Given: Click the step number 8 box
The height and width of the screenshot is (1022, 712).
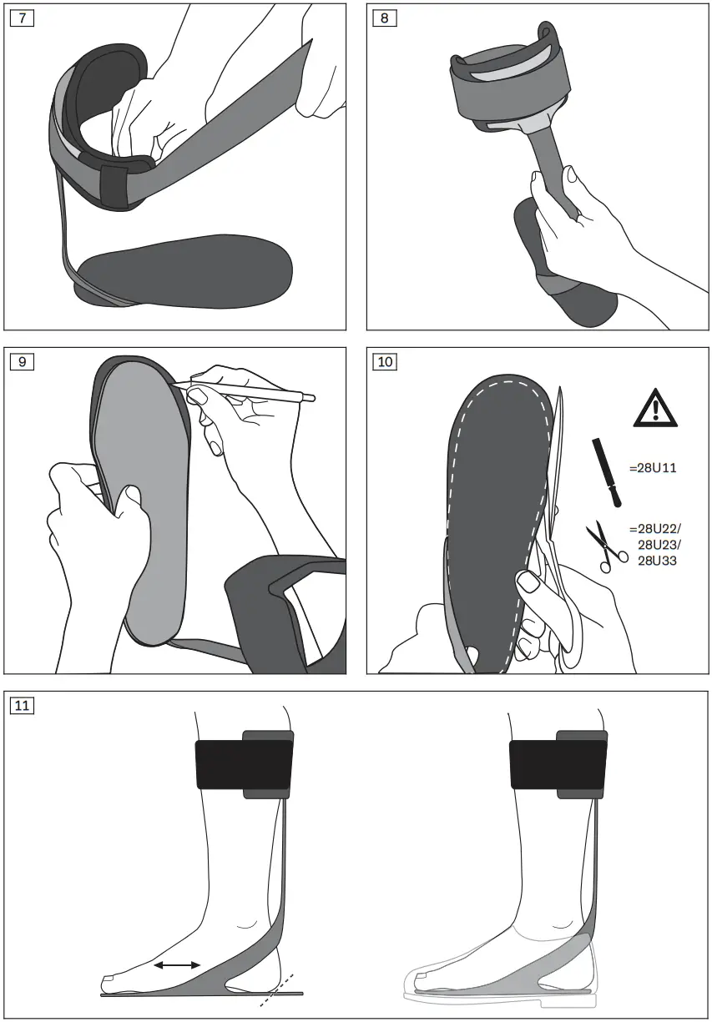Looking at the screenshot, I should pos(384,18).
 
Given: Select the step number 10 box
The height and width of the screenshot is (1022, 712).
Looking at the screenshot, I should pos(385,362).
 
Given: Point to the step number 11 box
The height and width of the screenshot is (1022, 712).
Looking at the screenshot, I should pos(21,706).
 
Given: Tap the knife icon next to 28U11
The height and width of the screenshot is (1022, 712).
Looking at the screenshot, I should pos(607,471).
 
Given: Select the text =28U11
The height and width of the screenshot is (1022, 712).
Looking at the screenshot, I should pos(656,468).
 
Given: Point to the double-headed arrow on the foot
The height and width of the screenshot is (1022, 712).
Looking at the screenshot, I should pos(177,964).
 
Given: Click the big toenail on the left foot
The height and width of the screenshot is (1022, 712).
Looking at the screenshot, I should pos(107,979).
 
